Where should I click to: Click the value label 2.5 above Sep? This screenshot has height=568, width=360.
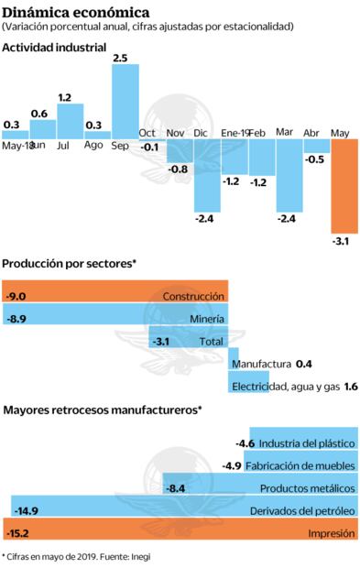[x=120, y=58]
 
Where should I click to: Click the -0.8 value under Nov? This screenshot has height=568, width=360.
[x=179, y=169]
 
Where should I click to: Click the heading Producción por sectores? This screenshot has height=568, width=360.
[x=69, y=263]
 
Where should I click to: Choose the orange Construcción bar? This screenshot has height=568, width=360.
[x=115, y=296]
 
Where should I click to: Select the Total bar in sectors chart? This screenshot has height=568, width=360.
[x=188, y=341]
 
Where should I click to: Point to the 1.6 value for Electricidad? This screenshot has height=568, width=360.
[x=350, y=387]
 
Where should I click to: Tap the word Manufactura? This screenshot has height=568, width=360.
[x=262, y=364]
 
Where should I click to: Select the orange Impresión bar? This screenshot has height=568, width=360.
[x=179, y=532]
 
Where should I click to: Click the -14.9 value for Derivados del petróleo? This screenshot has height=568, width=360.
[x=26, y=510]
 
